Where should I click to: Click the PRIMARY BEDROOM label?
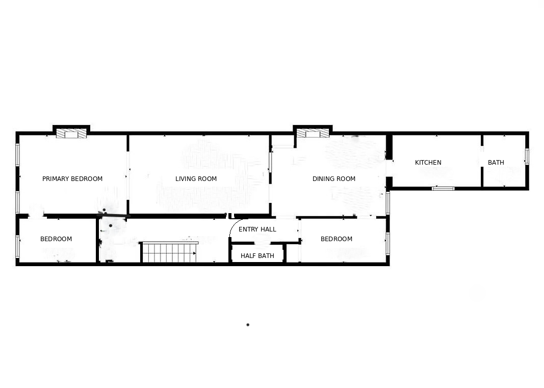pyautogui.click(x=72, y=179)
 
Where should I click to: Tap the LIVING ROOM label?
pyautogui.click(x=196, y=179)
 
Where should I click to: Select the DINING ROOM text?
pyautogui.click(x=334, y=179)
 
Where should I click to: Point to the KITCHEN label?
pyautogui.click(x=428, y=163)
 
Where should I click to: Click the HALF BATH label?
pyautogui.click(x=257, y=256)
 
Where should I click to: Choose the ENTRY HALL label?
pyautogui.click(x=257, y=229)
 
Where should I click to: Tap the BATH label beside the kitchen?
pyautogui.click(x=496, y=163)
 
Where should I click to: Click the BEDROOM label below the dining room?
pyautogui.click(x=336, y=239)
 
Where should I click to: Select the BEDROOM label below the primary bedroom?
pyautogui.click(x=56, y=239)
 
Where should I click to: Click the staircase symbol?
pyautogui.click(x=170, y=252)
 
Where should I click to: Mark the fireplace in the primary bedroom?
pyautogui.click(x=71, y=134)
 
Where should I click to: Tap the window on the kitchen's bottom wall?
pyautogui.click(x=443, y=189)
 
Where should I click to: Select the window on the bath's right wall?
pyautogui.click(x=527, y=157)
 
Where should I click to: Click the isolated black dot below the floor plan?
pyautogui.click(x=248, y=325)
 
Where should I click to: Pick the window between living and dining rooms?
pyautogui.click(x=270, y=162)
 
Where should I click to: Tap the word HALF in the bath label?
pyautogui.click(x=248, y=256)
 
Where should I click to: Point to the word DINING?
pyautogui.click(x=323, y=179)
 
